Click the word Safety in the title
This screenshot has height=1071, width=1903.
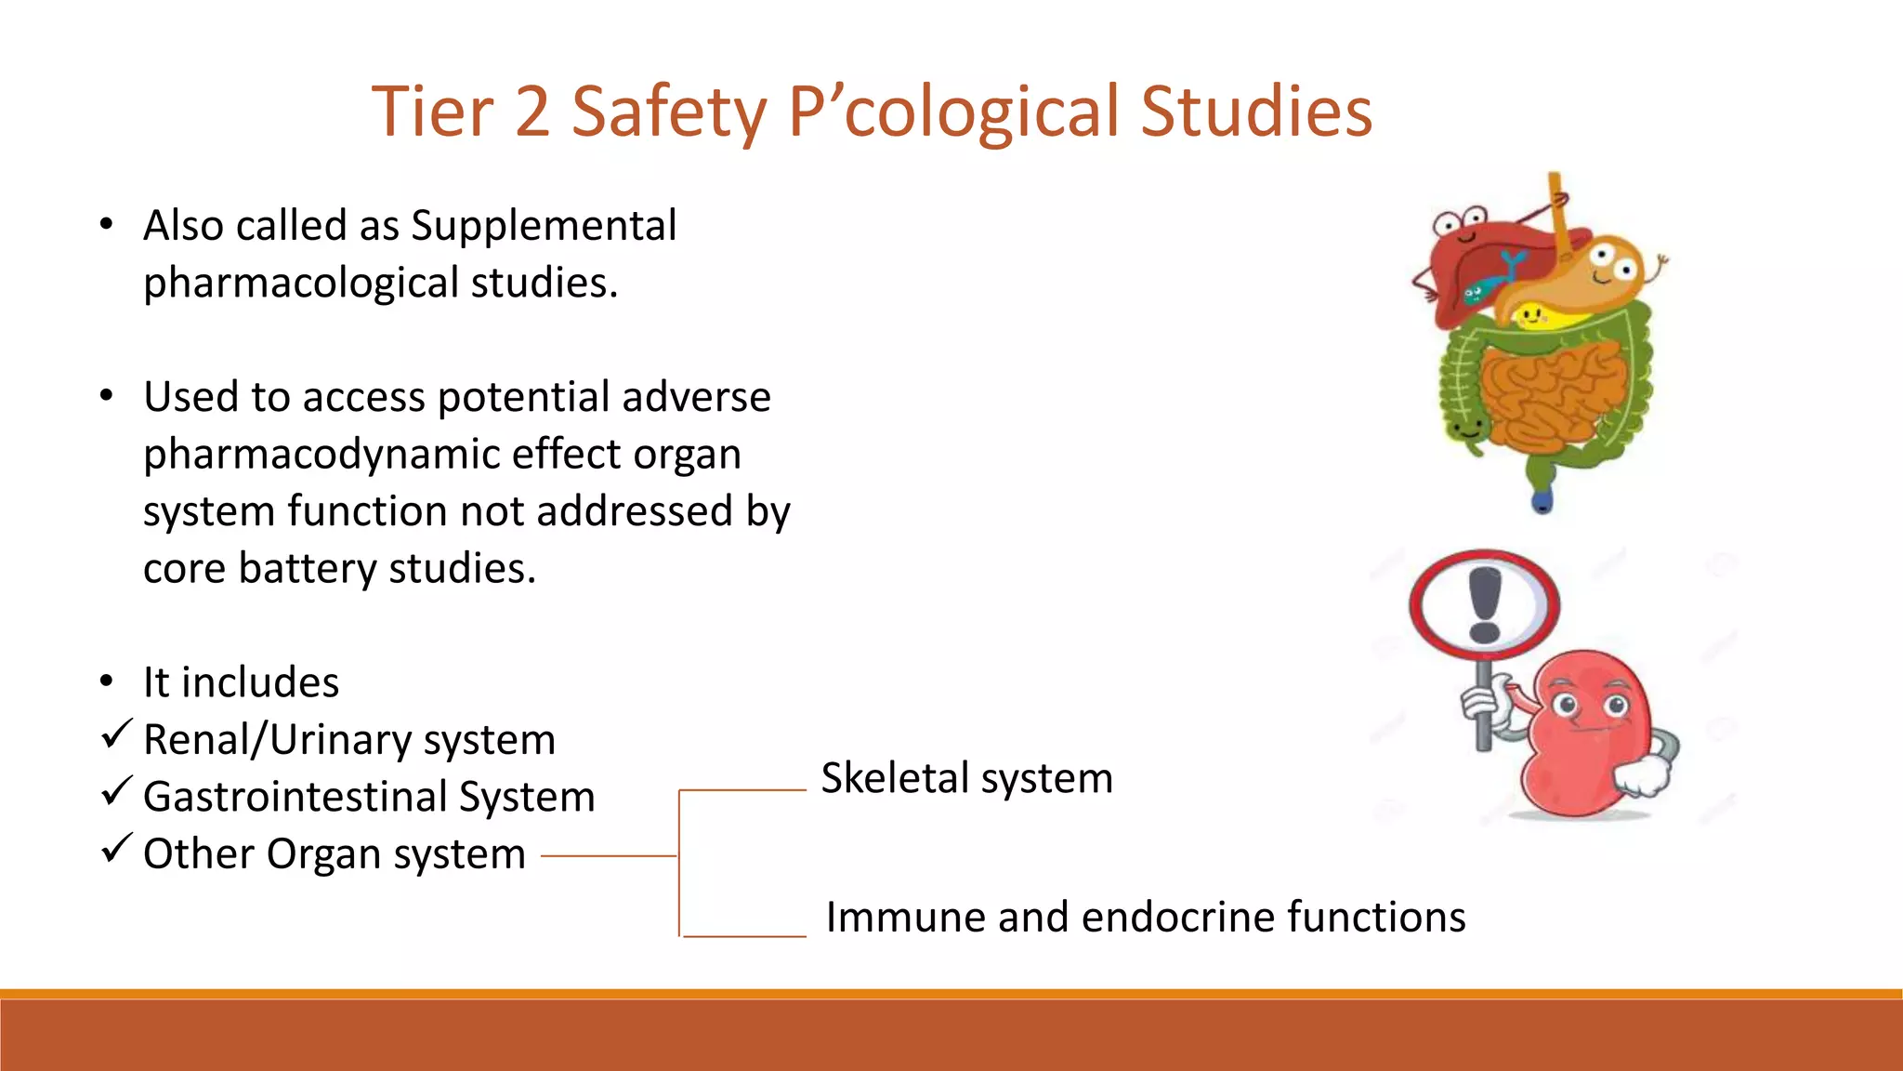coord(668,112)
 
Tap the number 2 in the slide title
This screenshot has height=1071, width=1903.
coord(532,112)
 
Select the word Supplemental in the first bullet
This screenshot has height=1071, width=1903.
coord(544,226)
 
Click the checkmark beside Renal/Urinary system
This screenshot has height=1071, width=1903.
coord(116,735)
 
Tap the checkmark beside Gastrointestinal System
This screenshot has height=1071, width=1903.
coord(116,792)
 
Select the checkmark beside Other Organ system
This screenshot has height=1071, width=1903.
coord(116,849)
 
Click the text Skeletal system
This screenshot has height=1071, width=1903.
coord(966,778)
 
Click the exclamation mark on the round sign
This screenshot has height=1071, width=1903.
coord(1484,605)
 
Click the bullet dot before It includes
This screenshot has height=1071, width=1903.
coord(107,682)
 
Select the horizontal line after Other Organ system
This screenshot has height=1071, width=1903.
coord(609,856)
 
